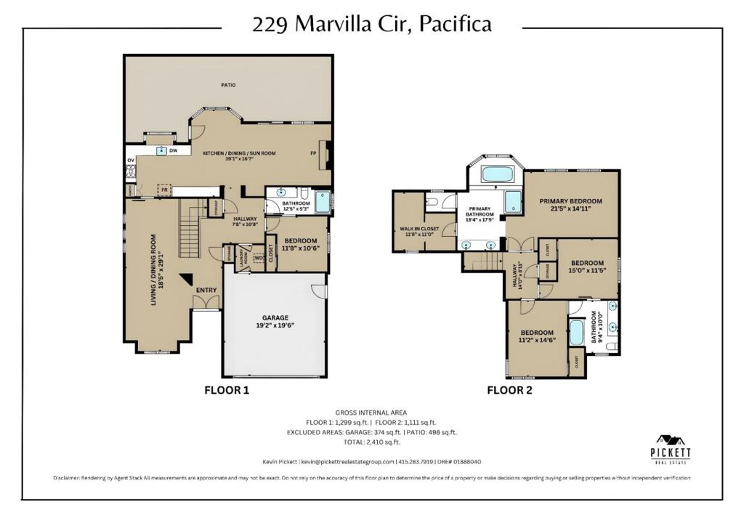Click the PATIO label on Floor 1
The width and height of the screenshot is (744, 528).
click(228, 85)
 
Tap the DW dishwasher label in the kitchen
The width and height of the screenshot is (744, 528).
click(173, 151)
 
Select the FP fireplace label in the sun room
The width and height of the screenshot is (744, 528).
click(313, 153)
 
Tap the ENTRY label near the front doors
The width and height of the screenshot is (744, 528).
click(206, 291)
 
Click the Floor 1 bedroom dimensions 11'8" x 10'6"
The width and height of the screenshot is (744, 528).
click(300, 248)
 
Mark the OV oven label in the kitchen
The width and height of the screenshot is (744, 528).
click(131, 160)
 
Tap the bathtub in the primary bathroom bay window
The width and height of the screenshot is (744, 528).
click(498, 174)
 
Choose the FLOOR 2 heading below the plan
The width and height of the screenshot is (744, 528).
click(509, 390)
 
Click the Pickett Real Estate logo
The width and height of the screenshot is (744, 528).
click(670, 447)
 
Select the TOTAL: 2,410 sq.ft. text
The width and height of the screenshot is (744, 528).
click(371, 442)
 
